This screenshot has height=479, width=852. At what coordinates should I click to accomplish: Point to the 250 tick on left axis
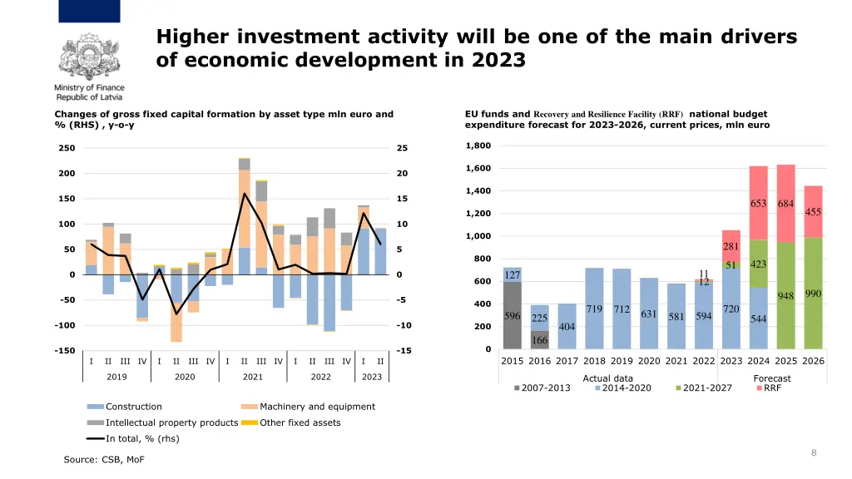(66, 149)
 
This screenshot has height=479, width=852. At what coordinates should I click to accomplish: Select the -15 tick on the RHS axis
(403, 351)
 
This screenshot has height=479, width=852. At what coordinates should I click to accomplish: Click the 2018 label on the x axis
(594, 361)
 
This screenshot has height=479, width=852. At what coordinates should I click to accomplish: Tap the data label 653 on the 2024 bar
(758, 204)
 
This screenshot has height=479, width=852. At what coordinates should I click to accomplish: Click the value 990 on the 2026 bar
(813, 294)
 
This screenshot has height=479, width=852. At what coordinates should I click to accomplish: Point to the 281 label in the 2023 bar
(731, 247)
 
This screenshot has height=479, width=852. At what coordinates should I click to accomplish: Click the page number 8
(814, 452)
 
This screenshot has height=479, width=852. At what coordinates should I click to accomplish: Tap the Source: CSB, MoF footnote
(97, 460)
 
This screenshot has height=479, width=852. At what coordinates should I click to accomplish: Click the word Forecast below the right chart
(772, 378)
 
